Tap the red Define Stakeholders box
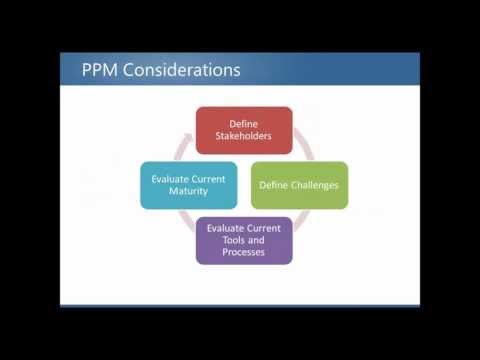(x=243, y=129)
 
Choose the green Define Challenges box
(x=299, y=185)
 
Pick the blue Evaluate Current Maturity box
(x=189, y=185)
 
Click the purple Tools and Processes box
(x=244, y=241)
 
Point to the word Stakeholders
(x=243, y=136)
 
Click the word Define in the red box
(x=243, y=122)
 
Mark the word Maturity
(x=189, y=192)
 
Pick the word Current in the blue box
(x=210, y=178)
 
